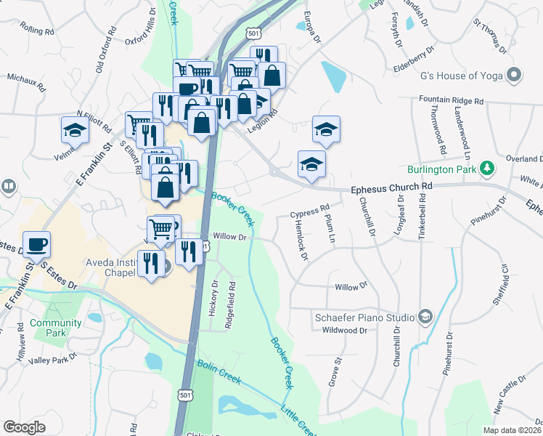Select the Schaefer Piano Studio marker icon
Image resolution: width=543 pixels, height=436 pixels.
point(425,317)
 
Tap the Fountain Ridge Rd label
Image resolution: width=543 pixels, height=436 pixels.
point(451,100)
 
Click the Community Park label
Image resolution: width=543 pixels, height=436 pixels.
point(56,328)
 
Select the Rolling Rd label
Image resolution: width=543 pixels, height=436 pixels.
point(38,31)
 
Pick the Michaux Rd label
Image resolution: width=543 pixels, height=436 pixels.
point(27,81)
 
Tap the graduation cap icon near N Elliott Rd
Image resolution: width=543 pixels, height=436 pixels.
point(75,131)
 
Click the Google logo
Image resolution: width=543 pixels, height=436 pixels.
point(25,427)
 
